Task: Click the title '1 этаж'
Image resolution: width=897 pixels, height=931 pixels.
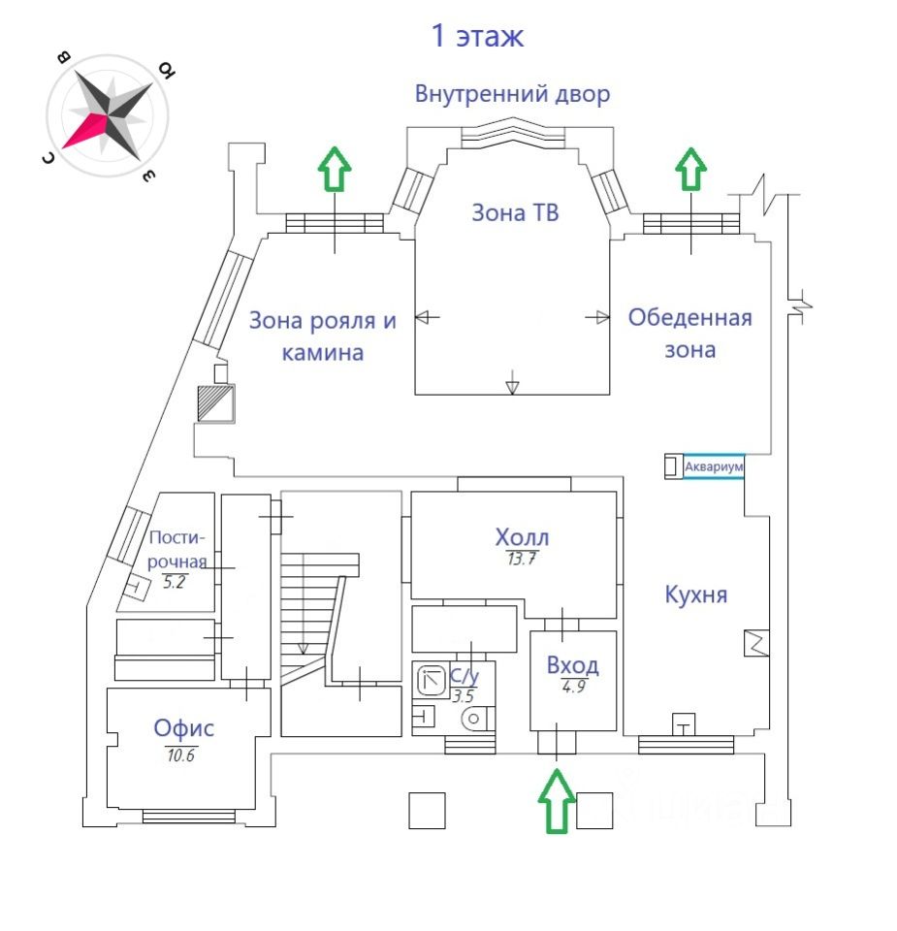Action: pyautogui.click(x=477, y=37)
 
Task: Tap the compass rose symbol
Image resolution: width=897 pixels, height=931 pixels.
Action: pyautogui.click(x=109, y=115)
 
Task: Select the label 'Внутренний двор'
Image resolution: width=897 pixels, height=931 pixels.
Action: pyautogui.click(x=513, y=94)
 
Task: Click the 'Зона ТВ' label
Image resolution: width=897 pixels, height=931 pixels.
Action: pyautogui.click(x=515, y=212)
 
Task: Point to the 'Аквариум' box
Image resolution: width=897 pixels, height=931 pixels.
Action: pyautogui.click(x=714, y=467)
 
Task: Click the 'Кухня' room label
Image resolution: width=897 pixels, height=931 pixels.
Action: pyautogui.click(x=695, y=594)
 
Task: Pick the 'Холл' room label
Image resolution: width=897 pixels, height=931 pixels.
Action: pyautogui.click(x=522, y=537)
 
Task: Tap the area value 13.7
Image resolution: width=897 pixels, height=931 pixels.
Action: pyautogui.click(x=522, y=559)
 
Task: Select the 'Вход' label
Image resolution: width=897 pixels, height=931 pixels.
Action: pyautogui.click(x=572, y=665)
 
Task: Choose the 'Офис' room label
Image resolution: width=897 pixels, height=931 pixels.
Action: pyautogui.click(x=184, y=728)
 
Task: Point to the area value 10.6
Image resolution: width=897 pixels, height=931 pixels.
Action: pyautogui.click(x=180, y=754)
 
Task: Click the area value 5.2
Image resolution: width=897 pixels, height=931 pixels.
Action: pyautogui.click(x=175, y=582)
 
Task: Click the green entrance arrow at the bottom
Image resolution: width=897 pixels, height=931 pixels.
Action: pyautogui.click(x=557, y=801)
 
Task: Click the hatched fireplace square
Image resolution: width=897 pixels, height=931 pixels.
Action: pyautogui.click(x=215, y=402)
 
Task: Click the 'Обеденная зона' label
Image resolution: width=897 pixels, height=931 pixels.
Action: pyautogui.click(x=689, y=333)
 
